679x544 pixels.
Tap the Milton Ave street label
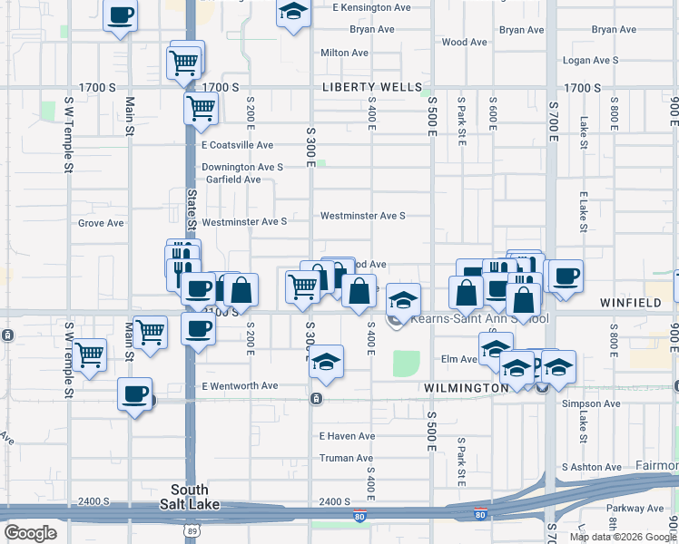[344, 53]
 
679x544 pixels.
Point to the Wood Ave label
[465, 42]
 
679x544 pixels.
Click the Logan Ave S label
[590, 60]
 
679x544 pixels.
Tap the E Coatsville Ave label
[237, 145]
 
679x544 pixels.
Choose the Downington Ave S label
[242, 167]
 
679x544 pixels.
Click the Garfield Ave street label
[233, 180]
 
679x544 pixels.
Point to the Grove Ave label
[101, 223]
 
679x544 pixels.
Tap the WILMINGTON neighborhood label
[467, 388]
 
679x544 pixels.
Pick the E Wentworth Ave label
[240, 386]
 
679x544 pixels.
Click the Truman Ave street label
[346, 459]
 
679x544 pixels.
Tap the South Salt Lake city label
[196, 497]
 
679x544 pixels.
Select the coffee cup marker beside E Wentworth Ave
[135, 394]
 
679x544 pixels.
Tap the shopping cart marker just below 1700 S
[201, 108]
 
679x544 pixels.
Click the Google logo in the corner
[30, 532]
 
